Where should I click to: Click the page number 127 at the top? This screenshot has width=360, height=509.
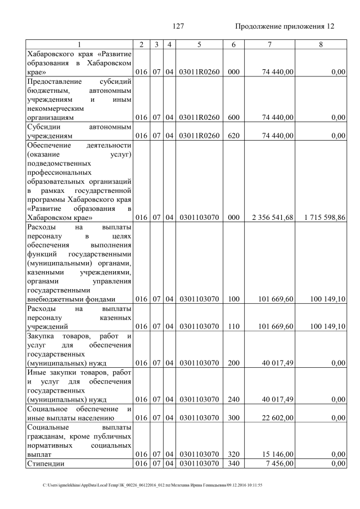[178, 27]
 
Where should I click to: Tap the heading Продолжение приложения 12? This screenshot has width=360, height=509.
[284, 27]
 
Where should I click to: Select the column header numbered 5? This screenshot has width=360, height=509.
[199, 44]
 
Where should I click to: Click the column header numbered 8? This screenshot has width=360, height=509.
[321, 44]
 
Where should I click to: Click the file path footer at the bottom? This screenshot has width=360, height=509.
[152, 485]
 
